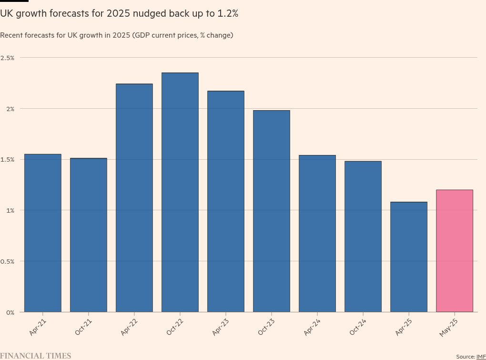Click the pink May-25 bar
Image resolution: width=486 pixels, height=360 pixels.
(455, 251)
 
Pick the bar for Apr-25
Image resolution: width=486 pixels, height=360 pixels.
(409, 257)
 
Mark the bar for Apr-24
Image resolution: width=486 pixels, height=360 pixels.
(317, 233)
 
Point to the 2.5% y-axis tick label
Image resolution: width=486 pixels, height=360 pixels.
(8, 58)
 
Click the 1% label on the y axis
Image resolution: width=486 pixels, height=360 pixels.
(10, 210)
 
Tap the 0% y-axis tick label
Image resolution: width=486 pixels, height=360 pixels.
(10, 312)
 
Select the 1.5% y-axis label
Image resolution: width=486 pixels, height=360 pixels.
(8, 159)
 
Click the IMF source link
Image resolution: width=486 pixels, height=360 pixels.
(481, 357)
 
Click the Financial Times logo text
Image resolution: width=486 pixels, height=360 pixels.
(36, 356)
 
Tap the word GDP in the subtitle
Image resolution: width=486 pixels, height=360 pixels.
(142, 35)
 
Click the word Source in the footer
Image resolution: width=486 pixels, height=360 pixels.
(465, 357)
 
